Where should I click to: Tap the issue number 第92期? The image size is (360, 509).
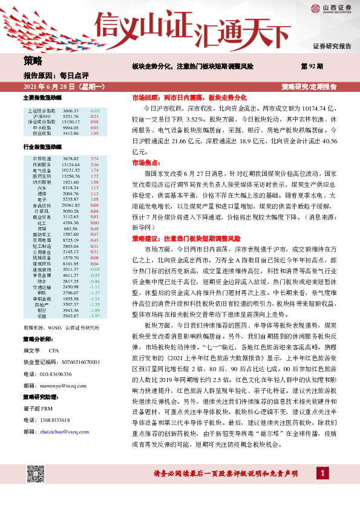(x=312, y=65)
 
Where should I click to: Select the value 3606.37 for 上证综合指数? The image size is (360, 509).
(x=71, y=111)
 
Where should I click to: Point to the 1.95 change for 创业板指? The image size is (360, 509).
(x=94, y=133)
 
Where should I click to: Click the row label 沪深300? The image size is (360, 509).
(x=42, y=117)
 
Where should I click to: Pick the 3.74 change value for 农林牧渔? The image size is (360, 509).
(x=94, y=158)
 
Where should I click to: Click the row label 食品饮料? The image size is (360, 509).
(x=41, y=205)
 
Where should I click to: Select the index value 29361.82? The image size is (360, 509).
(x=71, y=205)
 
